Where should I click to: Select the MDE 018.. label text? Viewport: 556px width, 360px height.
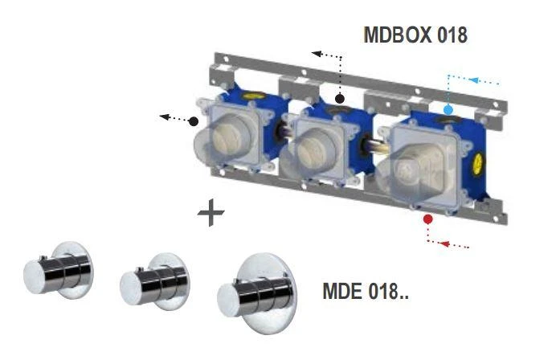[366, 291]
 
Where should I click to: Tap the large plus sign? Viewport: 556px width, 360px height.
[211, 214]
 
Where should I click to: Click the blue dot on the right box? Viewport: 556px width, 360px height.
[448, 108]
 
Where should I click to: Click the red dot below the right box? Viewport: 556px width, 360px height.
[428, 218]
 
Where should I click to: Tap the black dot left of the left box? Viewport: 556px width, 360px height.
[194, 122]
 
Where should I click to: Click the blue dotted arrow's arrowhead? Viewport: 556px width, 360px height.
[473, 80]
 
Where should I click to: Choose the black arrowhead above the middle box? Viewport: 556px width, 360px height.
[317, 54]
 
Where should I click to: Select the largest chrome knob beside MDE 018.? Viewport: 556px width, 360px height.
[256, 293]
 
